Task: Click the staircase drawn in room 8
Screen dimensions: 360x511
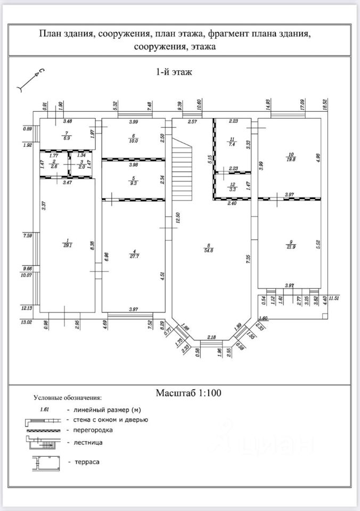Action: click(x=182, y=166)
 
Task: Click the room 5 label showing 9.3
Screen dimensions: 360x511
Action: click(x=134, y=180)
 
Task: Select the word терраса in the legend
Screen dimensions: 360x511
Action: click(x=87, y=462)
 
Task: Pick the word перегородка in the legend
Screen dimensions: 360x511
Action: click(x=92, y=429)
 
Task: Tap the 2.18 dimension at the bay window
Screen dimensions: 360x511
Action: click(x=211, y=337)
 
